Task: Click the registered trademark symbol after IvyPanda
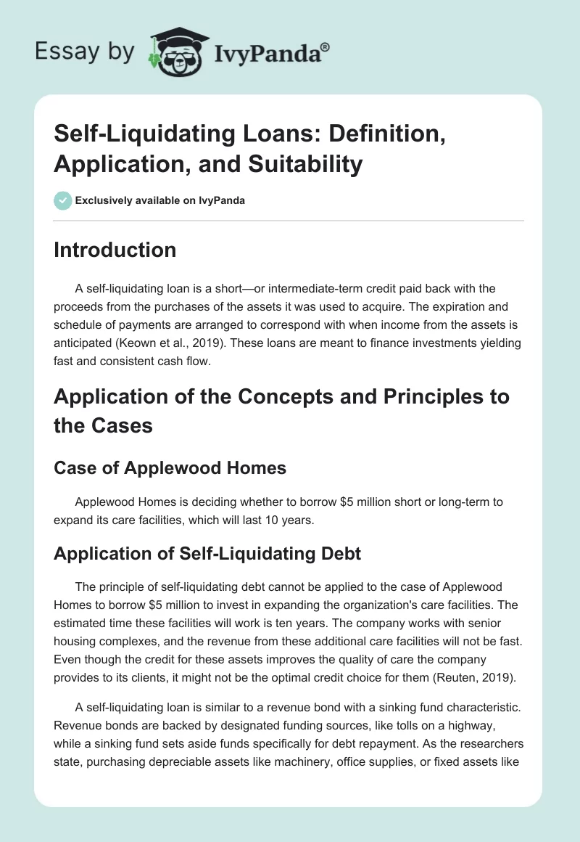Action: (x=326, y=46)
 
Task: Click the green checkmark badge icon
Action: (x=63, y=200)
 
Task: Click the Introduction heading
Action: (x=115, y=250)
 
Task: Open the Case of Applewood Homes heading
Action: (x=170, y=468)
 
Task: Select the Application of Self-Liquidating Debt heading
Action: (x=207, y=555)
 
